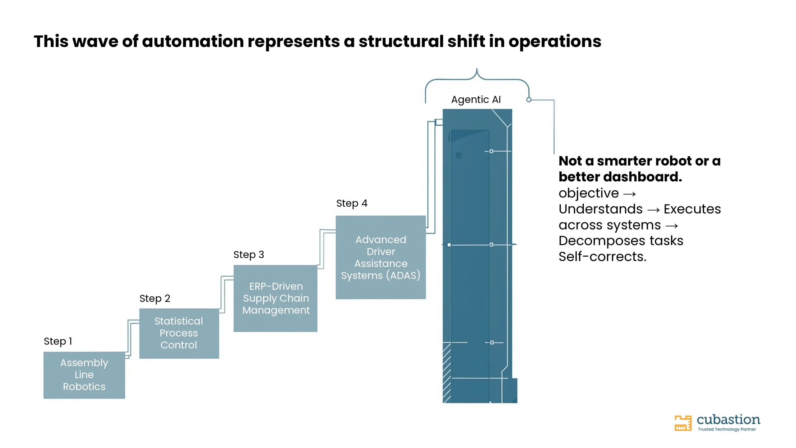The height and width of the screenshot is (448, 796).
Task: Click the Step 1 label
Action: click(x=58, y=341)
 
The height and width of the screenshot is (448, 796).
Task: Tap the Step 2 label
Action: click(x=155, y=298)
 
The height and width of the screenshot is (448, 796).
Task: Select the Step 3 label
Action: click(x=248, y=254)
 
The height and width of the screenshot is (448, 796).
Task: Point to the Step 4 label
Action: click(x=352, y=203)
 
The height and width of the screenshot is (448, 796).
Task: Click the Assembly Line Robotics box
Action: click(x=84, y=375)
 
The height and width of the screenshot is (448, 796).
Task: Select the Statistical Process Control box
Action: click(x=179, y=333)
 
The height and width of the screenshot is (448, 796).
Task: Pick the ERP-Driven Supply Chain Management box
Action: click(x=275, y=298)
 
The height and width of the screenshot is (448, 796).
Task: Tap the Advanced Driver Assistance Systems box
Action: click(x=381, y=257)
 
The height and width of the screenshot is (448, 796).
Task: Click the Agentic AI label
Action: click(x=476, y=100)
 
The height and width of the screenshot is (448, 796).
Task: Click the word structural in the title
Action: click(x=401, y=41)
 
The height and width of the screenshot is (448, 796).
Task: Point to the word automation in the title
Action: click(x=193, y=41)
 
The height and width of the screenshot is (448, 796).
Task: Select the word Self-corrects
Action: click(x=602, y=257)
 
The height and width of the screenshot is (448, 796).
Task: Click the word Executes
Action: click(x=692, y=209)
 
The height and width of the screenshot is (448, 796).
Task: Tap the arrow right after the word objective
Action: click(x=630, y=194)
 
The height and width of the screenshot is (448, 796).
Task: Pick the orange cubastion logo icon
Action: click(x=683, y=423)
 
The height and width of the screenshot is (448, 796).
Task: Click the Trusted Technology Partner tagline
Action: click(x=727, y=429)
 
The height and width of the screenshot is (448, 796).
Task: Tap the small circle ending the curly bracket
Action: click(x=529, y=100)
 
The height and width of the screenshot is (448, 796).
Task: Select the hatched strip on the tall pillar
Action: click(x=447, y=372)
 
